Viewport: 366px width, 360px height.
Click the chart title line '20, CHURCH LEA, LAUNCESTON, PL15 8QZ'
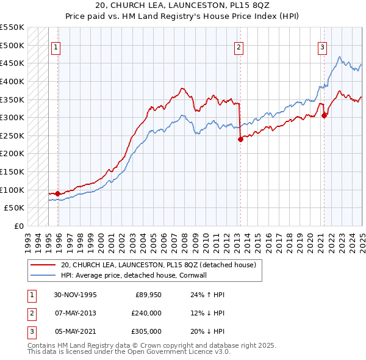(183, 5)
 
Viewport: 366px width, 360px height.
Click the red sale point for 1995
(57, 194)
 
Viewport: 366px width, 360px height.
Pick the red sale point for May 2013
(240, 139)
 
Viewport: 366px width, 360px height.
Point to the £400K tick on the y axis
(12, 81)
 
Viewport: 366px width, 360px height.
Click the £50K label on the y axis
(15, 208)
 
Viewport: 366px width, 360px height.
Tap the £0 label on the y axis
(19, 226)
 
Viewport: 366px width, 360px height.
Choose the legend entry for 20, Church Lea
(161, 265)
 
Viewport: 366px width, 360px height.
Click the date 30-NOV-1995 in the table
(76, 295)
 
